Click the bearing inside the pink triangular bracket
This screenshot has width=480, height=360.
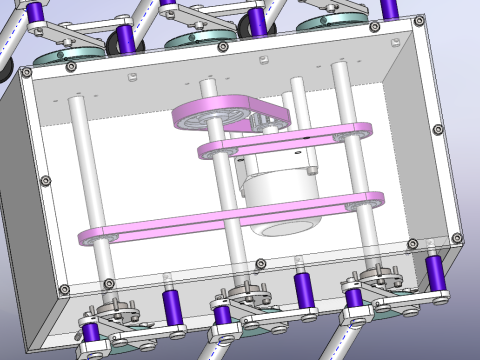coord(213,118)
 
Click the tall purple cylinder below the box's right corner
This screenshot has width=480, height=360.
coord(434,272)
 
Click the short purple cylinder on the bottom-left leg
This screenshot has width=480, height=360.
coord(90,333)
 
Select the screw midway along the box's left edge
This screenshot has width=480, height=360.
coord(45,180)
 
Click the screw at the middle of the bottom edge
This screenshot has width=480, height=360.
coord(260,264)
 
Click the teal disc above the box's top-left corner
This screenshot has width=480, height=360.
coord(58,54)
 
